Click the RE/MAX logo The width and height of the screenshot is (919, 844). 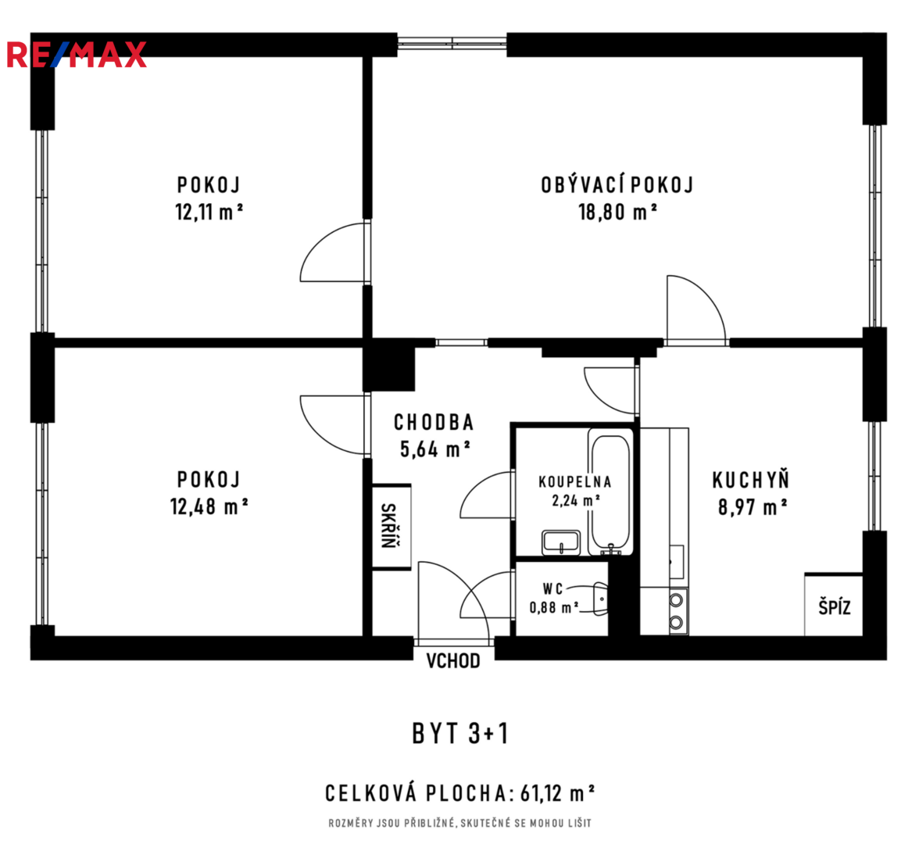pyautogui.click(x=77, y=55)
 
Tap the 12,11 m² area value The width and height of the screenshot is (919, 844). pyautogui.click(x=209, y=212)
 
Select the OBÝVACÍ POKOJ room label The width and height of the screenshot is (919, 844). pyautogui.click(x=617, y=184)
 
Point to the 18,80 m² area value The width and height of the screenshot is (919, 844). pyautogui.click(x=617, y=212)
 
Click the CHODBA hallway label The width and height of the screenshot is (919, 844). pyautogui.click(x=434, y=422)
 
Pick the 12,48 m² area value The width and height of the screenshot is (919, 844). pyautogui.click(x=209, y=506)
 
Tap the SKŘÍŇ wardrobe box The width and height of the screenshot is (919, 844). pyautogui.click(x=391, y=527)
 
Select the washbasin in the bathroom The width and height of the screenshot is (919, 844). pyautogui.click(x=561, y=542)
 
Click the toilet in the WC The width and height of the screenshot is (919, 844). pyautogui.click(x=600, y=599)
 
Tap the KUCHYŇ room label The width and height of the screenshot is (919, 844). pyautogui.click(x=751, y=480)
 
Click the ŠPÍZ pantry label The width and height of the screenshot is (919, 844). pyautogui.click(x=834, y=607)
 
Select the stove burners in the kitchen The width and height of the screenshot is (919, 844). pyautogui.click(x=678, y=611)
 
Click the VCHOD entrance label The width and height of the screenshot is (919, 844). pyautogui.click(x=453, y=661)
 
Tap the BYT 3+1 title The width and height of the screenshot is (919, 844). pyautogui.click(x=460, y=733)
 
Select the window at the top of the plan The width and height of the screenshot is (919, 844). pyautogui.click(x=452, y=42)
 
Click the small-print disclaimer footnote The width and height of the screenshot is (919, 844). pyautogui.click(x=460, y=824)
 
